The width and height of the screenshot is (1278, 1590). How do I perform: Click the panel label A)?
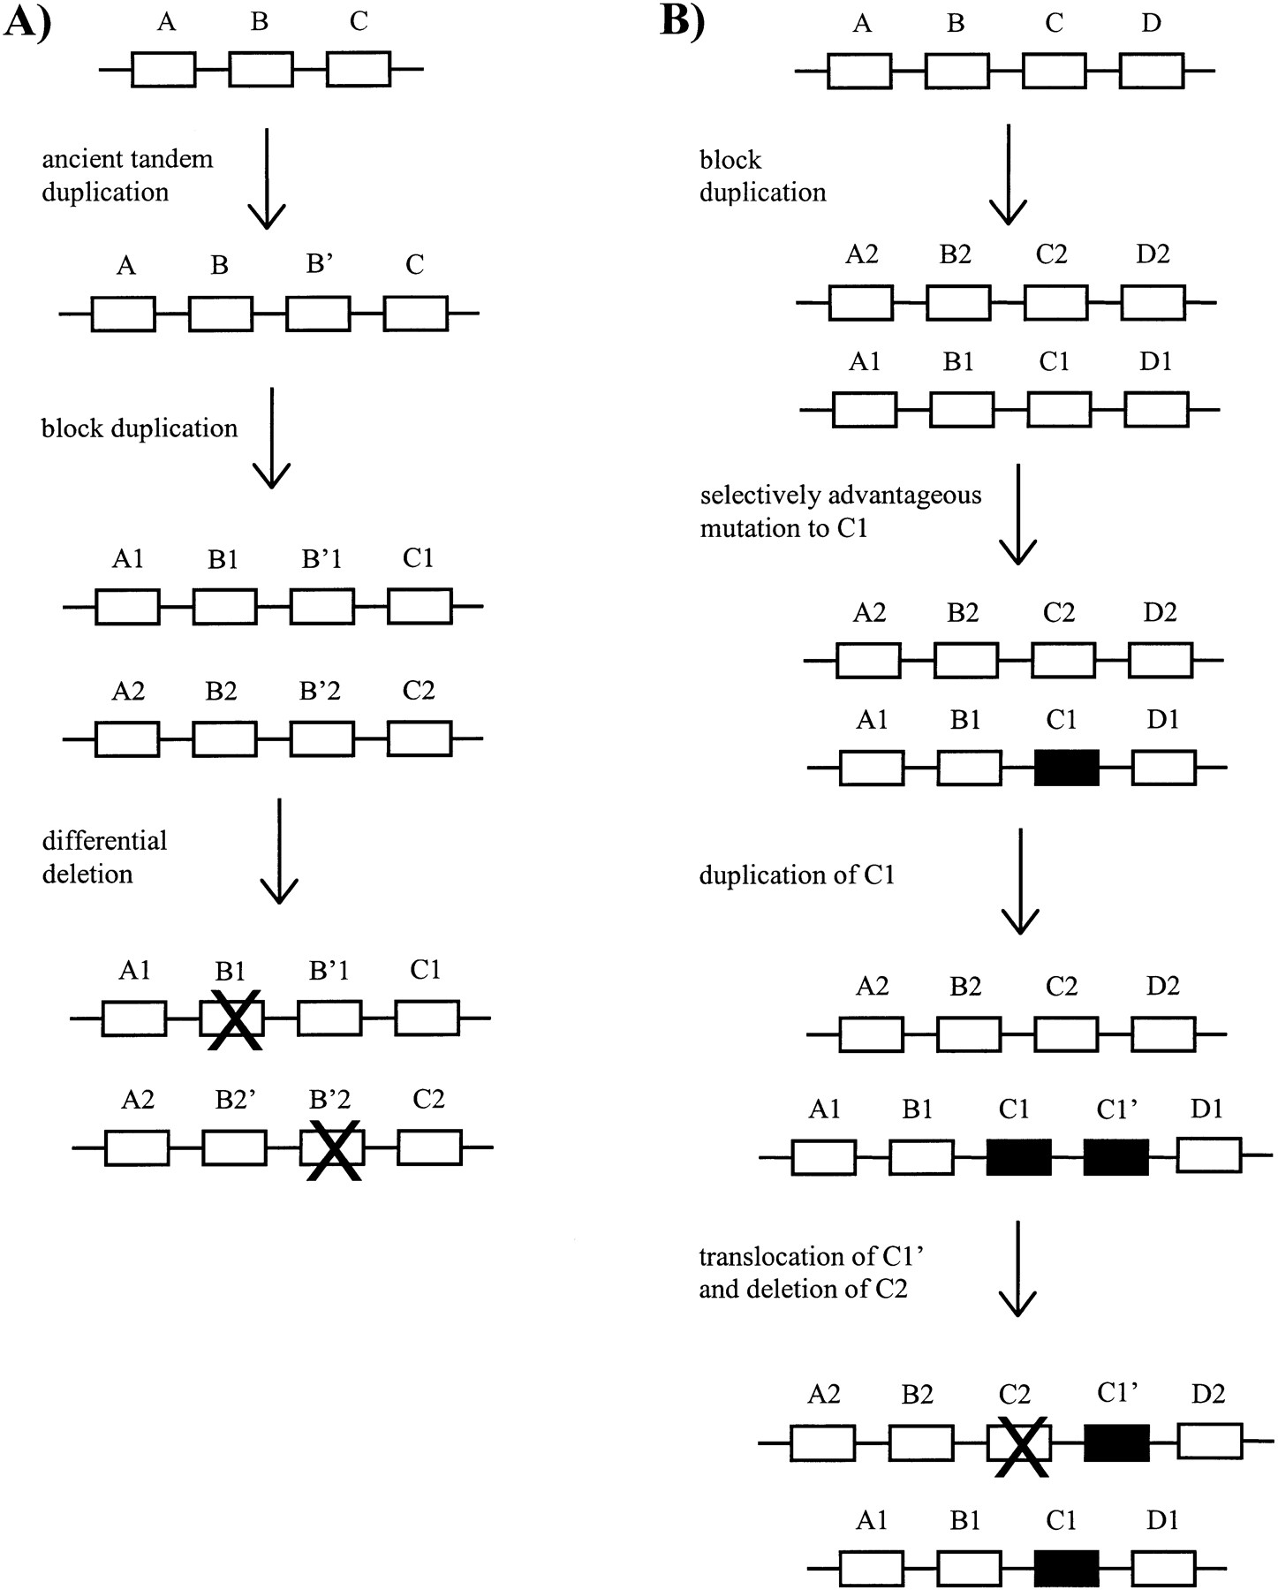27,19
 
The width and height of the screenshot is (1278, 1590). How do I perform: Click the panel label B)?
683,19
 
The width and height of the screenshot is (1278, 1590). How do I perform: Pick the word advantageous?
905,496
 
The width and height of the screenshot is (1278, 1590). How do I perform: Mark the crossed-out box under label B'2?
331,1147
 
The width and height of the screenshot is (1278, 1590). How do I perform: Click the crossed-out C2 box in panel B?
1019,1442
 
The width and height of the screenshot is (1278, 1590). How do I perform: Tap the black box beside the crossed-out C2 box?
1116,1442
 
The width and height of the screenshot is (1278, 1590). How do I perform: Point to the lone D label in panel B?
1151,24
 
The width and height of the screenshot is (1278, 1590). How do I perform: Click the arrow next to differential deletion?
279,852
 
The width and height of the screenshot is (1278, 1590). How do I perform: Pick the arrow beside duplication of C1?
1020,882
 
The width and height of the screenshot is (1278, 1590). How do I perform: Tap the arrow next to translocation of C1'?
1019,1269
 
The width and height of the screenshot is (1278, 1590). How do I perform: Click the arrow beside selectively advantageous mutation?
1018,514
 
